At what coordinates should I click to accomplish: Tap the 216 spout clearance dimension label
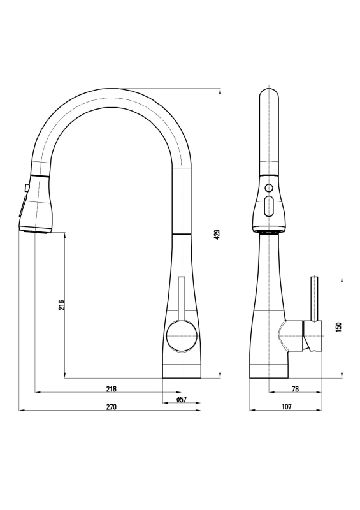click(x=62, y=305)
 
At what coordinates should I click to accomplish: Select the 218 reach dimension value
click(x=112, y=389)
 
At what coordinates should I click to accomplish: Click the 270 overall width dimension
click(x=112, y=407)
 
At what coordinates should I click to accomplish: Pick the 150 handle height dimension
click(x=339, y=327)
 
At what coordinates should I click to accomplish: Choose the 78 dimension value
click(x=295, y=389)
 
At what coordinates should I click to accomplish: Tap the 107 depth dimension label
click(x=287, y=406)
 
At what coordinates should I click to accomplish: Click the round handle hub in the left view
click(x=182, y=335)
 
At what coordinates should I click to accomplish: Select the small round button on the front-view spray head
click(x=269, y=187)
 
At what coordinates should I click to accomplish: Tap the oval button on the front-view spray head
click(x=269, y=206)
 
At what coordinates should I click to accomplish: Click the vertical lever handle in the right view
click(x=315, y=298)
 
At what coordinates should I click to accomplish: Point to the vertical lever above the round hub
click(x=182, y=298)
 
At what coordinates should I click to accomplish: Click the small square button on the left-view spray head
click(x=26, y=187)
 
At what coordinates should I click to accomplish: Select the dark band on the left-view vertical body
click(x=182, y=234)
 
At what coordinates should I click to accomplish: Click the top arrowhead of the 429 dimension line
click(x=220, y=91)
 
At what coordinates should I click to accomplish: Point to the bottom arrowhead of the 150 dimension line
click(x=342, y=375)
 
